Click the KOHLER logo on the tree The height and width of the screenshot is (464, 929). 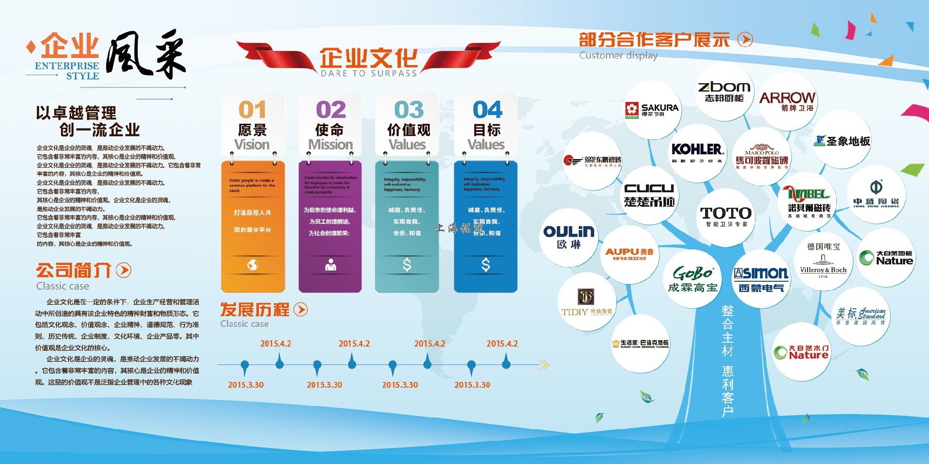[x=697, y=152]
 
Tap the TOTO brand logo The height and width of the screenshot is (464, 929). [x=725, y=216]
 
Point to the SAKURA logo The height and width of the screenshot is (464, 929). [x=652, y=110]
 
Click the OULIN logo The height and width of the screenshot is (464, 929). [x=569, y=236]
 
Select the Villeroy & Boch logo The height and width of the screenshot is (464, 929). [x=823, y=261]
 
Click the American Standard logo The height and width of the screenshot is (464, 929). [x=862, y=316]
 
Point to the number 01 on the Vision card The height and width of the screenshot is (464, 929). [x=252, y=110]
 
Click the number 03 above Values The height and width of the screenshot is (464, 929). [x=409, y=110]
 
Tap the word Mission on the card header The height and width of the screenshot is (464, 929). [x=330, y=145]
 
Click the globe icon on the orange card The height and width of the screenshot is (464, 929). [x=253, y=265]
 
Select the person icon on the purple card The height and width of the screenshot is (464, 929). [x=330, y=265]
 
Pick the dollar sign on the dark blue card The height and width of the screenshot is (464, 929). [x=486, y=264]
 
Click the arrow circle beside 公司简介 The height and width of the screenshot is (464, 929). [x=124, y=270]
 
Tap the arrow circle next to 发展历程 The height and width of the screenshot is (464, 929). [x=300, y=309]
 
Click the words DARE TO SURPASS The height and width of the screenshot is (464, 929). [x=369, y=73]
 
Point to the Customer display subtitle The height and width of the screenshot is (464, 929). [x=618, y=56]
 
